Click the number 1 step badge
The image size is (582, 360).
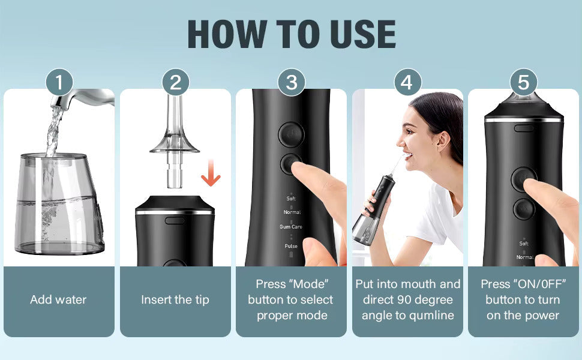[59, 82]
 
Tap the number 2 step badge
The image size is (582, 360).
[176, 82]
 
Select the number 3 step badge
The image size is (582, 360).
[292, 82]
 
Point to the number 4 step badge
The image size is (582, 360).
[407, 82]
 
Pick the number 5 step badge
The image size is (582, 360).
[523, 82]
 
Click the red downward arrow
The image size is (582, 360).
[211, 173]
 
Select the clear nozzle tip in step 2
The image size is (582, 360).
[174, 141]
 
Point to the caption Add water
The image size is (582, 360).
[58, 299]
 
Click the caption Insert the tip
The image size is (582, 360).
[175, 299]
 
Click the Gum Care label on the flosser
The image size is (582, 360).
[291, 226]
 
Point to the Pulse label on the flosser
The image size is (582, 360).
[291, 246]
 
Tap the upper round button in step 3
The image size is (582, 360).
[292, 134]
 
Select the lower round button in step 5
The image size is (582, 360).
[524, 209]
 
